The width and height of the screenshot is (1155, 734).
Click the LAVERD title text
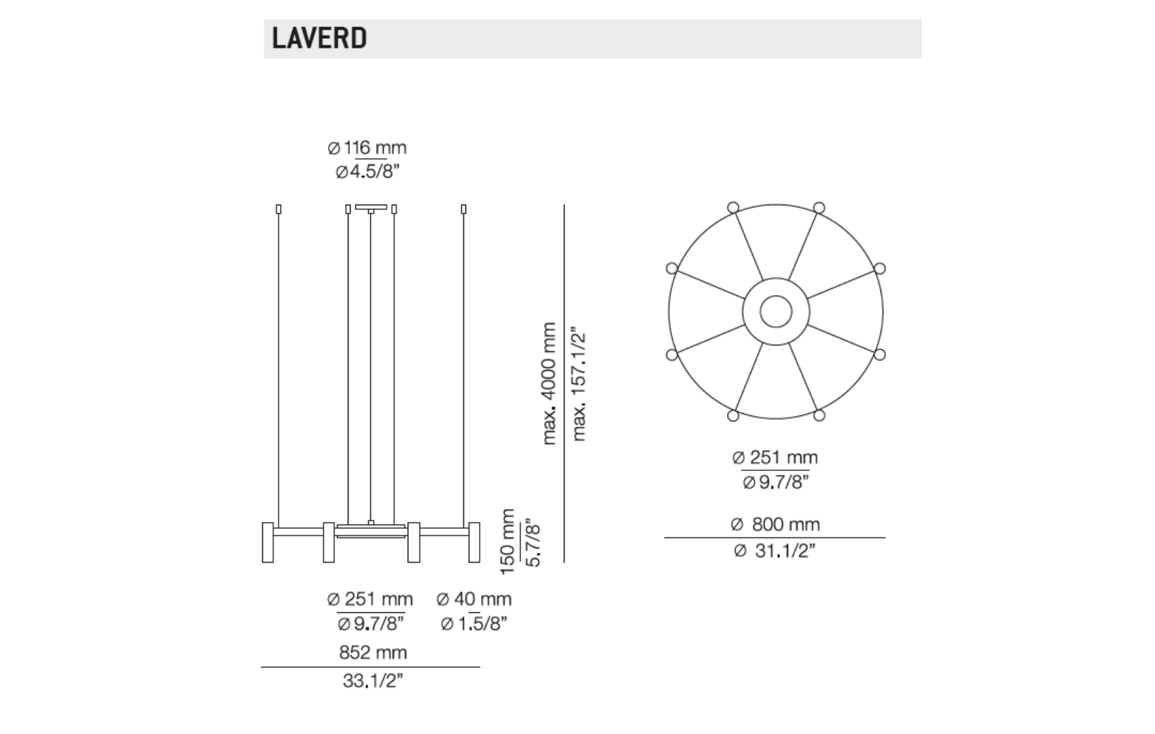319,38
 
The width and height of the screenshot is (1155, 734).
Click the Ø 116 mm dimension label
367,148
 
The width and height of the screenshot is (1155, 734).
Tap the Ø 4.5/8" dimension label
368,172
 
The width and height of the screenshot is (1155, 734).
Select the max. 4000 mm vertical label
550,383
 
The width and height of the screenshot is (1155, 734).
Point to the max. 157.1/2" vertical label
579,383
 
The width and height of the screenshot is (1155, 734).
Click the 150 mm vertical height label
508,542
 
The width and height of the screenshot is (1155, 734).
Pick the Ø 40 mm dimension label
474,599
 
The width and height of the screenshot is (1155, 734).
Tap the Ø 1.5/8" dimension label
474,624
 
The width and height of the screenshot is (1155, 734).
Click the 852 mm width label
373,652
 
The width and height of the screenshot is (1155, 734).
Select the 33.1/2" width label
372,681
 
